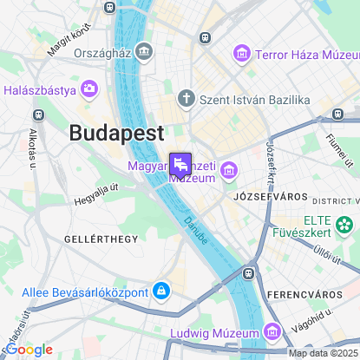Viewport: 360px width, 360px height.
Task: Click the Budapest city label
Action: pyautogui.click(x=115, y=134)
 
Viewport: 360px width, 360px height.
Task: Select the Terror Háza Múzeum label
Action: pyautogui.click(x=300, y=55)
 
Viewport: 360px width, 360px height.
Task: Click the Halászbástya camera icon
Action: pyautogui.click(x=88, y=89)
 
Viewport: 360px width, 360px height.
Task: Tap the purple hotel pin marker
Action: pyautogui.click(x=180, y=164)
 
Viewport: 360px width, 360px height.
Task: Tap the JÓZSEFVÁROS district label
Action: pyautogui.click(x=265, y=197)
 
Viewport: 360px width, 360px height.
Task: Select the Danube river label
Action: pyautogui.click(x=196, y=230)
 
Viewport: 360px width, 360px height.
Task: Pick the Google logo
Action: pyautogui.click(x=28, y=350)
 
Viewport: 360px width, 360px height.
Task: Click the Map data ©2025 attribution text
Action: pyautogui.click(x=323, y=353)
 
